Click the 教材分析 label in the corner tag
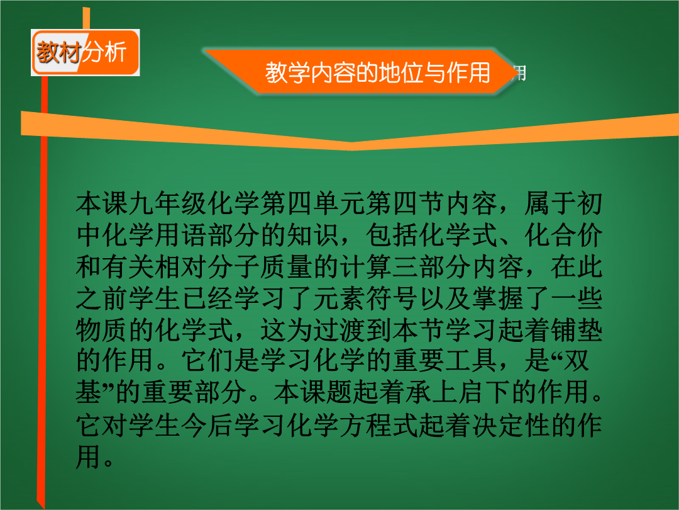[x=81, y=52]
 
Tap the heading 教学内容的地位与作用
[x=378, y=72]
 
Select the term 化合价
[x=563, y=235]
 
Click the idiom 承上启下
[x=458, y=392]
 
